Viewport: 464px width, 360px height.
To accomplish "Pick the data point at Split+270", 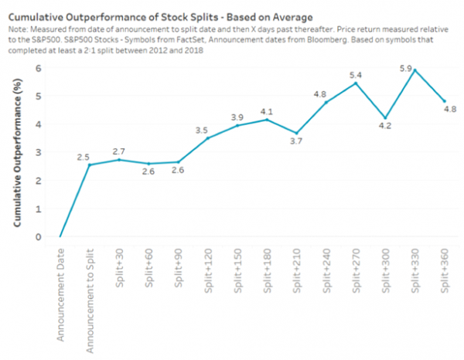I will tap(354, 83).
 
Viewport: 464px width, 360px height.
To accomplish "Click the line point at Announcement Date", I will tap(60, 236).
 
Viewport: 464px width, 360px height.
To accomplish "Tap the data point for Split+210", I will tap(295, 133).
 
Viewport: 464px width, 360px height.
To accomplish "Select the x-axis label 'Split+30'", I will tap(120, 273).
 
